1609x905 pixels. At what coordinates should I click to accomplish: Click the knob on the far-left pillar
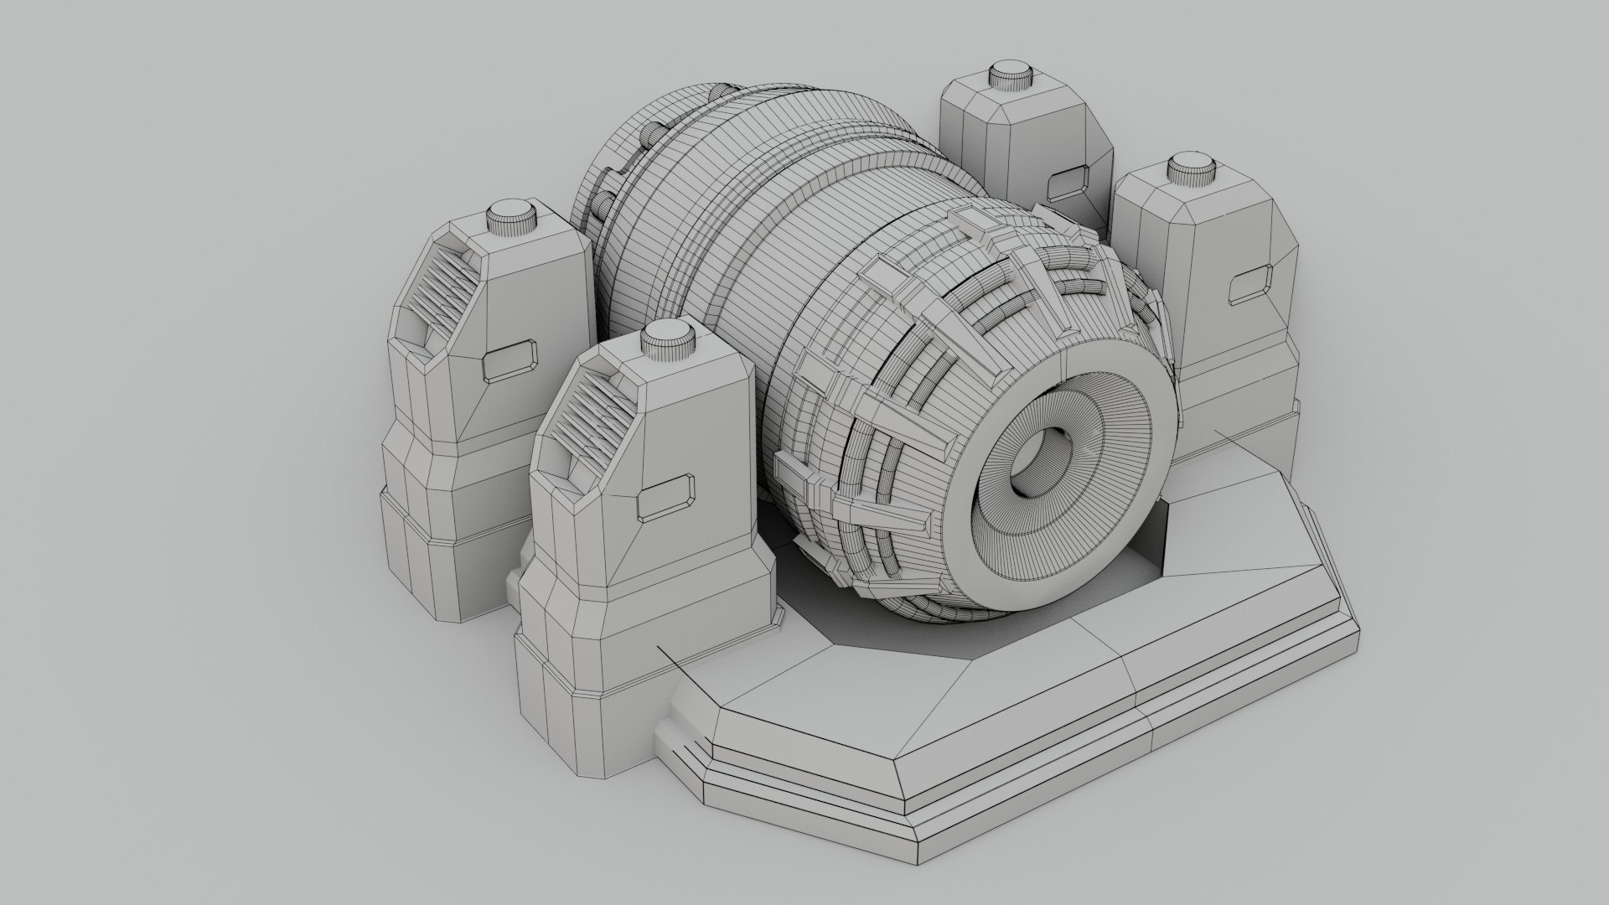pos(512,218)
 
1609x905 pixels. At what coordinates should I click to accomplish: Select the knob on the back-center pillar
pos(1010,75)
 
